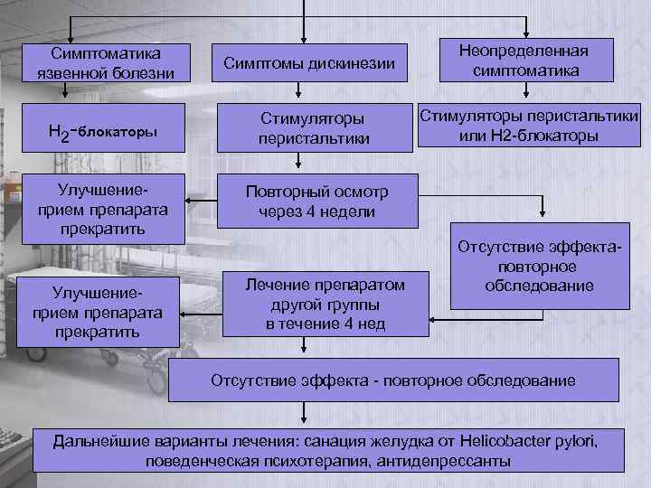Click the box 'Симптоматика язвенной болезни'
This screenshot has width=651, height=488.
pos(106,63)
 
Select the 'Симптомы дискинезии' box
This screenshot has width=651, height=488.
pos(308,63)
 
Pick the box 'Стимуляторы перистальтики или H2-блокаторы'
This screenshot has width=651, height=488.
pos(529,126)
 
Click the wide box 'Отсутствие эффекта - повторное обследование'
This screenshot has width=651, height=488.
pos(392,380)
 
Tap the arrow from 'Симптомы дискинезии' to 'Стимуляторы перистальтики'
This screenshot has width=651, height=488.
pos(299,90)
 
